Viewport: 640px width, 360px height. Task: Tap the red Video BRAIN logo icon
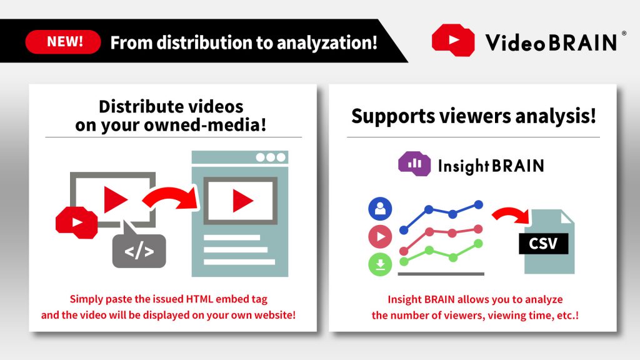point(454,41)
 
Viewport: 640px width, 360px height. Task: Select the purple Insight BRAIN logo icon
point(414,165)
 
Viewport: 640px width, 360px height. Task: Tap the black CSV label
point(543,243)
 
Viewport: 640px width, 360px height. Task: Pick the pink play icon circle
point(380,237)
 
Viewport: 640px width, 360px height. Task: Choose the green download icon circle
point(380,264)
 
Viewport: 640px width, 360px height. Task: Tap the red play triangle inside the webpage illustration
point(242,200)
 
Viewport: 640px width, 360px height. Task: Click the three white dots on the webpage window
point(270,157)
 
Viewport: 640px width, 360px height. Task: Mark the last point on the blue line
point(479,204)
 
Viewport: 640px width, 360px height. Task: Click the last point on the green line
point(479,243)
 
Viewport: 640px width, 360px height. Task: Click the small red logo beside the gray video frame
point(76,221)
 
